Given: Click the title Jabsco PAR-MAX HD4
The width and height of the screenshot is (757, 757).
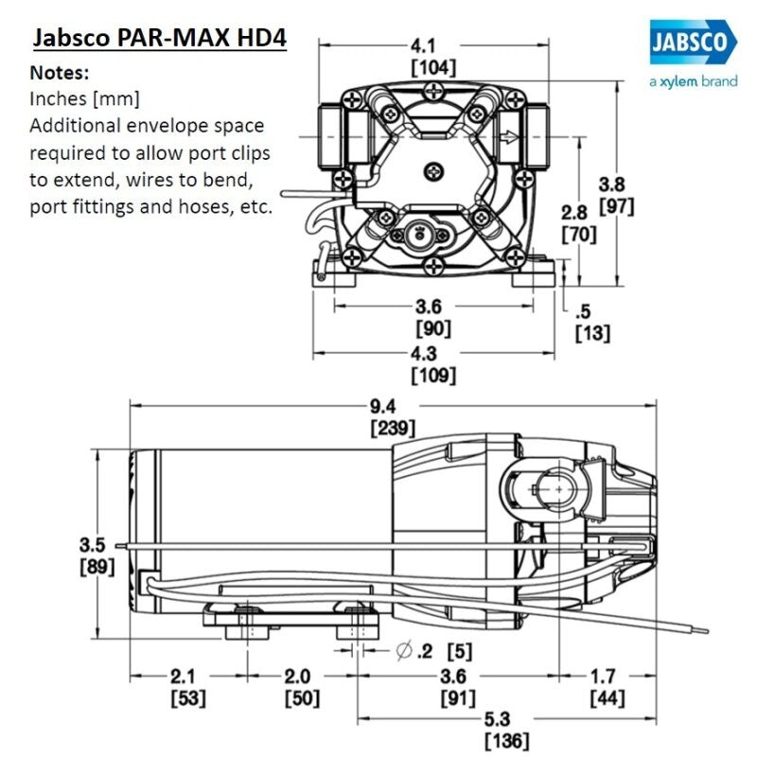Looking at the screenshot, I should pos(160,40).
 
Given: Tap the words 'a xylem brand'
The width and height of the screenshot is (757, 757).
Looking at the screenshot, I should pos(693,82).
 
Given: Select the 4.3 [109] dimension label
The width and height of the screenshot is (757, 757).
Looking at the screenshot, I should pos(433,365).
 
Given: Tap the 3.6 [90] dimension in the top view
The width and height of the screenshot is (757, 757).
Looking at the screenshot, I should pos(433,318).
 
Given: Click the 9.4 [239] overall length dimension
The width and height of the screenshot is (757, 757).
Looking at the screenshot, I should pos(391,417).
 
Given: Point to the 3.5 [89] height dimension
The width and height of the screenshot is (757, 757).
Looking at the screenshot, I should pos(97,555).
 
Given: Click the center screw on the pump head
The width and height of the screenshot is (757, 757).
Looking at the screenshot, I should pos(434,170).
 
